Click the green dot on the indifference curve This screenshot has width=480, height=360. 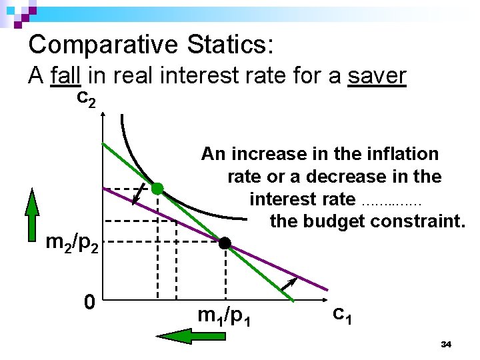pos(157,189)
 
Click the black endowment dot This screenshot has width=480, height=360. pos(225,243)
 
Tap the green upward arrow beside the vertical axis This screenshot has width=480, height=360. pos(32,214)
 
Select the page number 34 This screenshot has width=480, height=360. pos(447,344)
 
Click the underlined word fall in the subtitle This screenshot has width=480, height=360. pos(65,77)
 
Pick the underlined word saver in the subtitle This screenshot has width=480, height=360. pos(377,77)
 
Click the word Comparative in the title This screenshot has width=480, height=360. pos(103,45)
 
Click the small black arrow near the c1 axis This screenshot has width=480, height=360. pos(287,287)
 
